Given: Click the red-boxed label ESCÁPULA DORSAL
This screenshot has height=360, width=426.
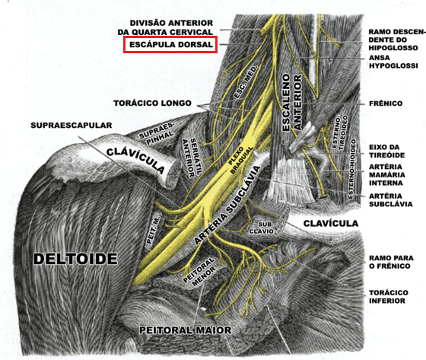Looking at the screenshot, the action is click(x=170, y=44).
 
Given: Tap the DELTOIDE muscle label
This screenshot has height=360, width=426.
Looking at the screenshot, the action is click(x=75, y=259).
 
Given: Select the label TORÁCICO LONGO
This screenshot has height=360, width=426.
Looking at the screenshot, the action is click(x=152, y=104).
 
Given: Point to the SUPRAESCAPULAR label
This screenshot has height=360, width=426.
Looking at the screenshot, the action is click(x=72, y=126).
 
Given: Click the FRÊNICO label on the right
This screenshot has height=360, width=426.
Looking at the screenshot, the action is click(x=386, y=104).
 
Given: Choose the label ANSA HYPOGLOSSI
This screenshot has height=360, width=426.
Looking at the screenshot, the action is click(x=393, y=62).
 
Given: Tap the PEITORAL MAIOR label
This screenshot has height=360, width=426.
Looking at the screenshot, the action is click(x=186, y=330).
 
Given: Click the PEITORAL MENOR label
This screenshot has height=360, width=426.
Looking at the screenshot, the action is click(x=199, y=272).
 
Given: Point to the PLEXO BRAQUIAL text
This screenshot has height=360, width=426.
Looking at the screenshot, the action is click(x=241, y=160).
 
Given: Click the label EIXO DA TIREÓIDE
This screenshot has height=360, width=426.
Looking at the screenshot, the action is click(x=386, y=151).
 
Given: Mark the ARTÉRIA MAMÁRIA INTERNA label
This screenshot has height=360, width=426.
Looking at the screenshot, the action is click(x=387, y=175).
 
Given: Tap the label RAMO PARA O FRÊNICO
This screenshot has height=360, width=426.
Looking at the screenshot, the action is click(x=391, y=262).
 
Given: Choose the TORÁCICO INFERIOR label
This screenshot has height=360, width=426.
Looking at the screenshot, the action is click(x=389, y=297).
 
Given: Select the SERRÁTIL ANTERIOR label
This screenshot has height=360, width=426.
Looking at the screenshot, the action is click(x=192, y=158).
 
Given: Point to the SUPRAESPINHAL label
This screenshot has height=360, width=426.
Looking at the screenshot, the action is click(x=157, y=132).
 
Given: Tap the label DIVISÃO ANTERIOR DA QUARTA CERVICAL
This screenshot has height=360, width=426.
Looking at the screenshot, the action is click(x=165, y=27).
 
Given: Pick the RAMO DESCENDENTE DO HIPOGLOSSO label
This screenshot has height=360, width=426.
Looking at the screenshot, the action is click(x=397, y=40).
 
